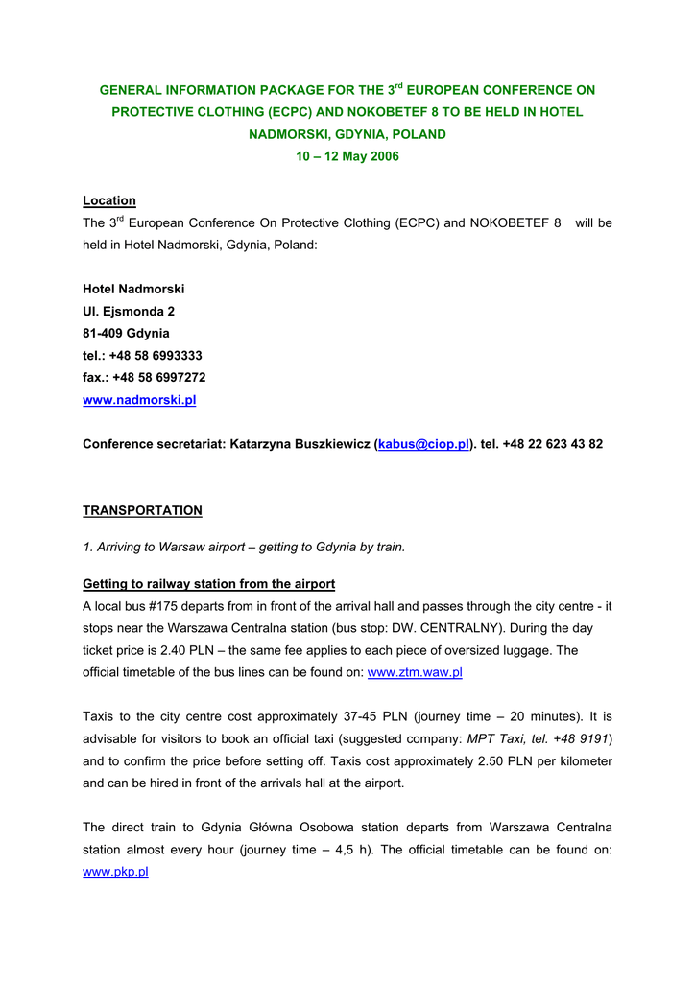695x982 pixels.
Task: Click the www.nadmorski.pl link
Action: tap(139, 400)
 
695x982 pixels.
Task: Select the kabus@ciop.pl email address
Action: tap(423, 444)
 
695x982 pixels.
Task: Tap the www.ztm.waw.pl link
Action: tap(415, 672)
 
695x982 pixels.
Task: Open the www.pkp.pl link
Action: tap(115, 872)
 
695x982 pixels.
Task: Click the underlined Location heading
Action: tap(109, 200)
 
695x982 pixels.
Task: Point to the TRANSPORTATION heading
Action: tap(142, 510)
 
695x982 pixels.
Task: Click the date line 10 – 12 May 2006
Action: tap(347, 156)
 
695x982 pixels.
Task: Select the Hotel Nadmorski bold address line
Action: tap(133, 289)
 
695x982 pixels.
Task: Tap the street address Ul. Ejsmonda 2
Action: tap(129, 311)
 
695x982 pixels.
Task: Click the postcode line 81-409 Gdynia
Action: tap(126, 333)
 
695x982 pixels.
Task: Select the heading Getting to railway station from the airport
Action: tap(208, 584)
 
